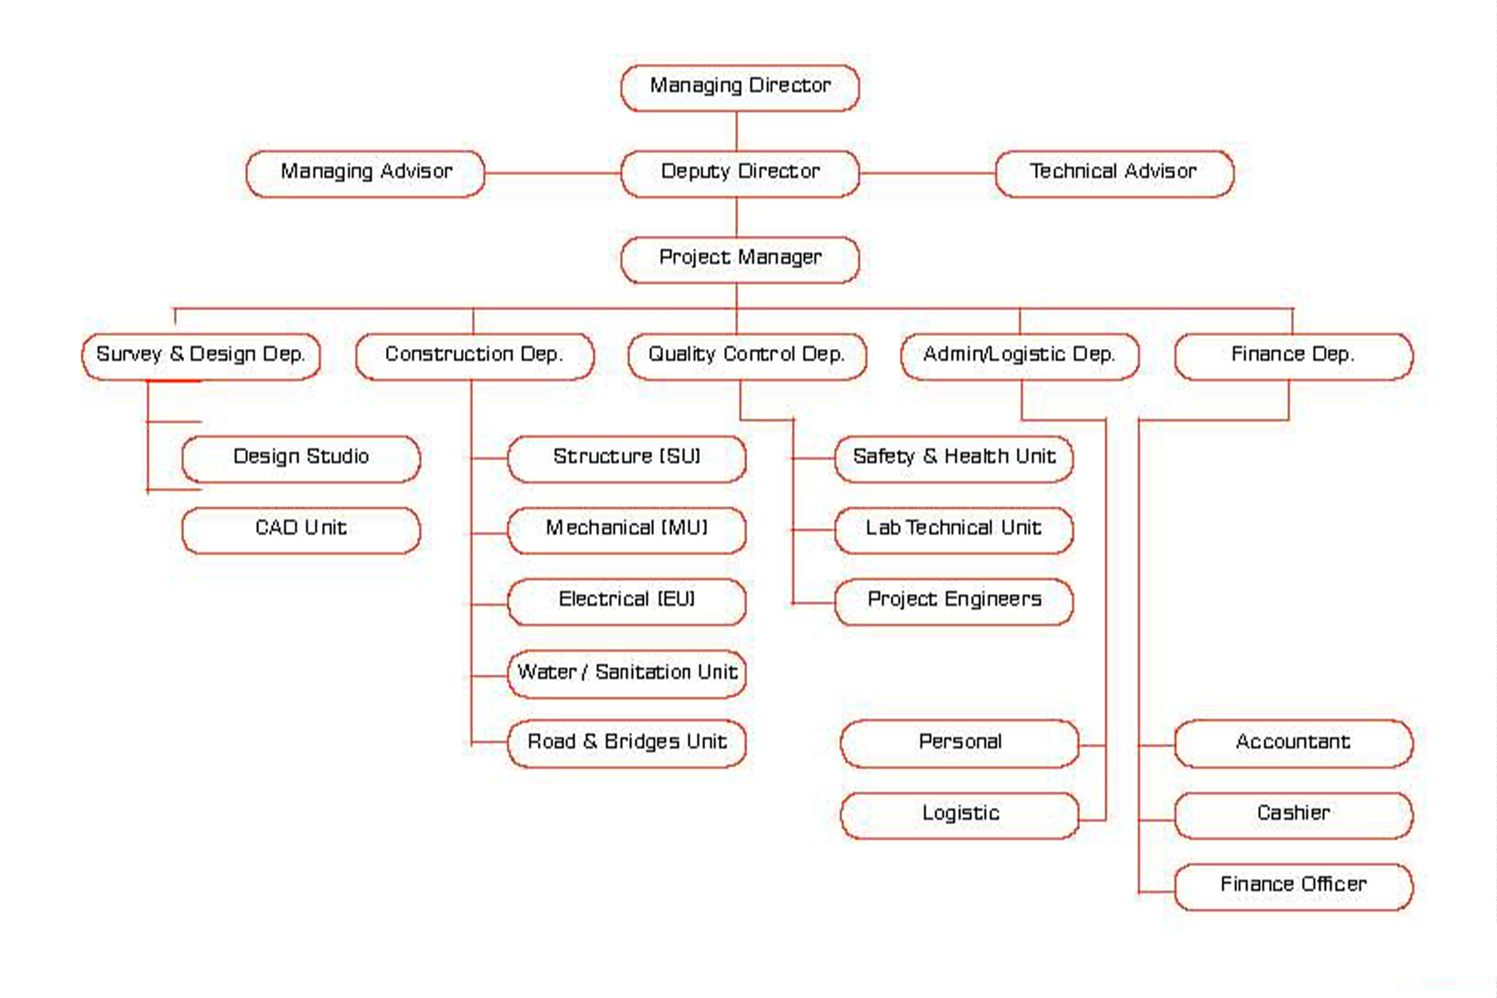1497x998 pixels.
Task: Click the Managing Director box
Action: click(x=740, y=88)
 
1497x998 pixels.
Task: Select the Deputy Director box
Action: click(x=740, y=174)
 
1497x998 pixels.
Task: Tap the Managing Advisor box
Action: click(x=366, y=174)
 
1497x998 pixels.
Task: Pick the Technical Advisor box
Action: click(x=1114, y=174)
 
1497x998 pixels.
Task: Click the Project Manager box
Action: click(x=740, y=259)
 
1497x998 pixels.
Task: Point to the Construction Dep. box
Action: click(x=475, y=356)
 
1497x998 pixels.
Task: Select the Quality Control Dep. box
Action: click(x=747, y=356)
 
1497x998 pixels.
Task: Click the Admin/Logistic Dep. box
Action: click(x=1020, y=356)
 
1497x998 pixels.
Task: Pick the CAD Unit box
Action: click(x=301, y=530)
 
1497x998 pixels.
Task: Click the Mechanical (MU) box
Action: click(x=627, y=530)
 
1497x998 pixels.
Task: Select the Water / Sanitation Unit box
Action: click(x=627, y=674)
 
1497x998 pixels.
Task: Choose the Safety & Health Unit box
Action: click(x=954, y=459)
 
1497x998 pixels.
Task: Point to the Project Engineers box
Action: click(x=954, y=601)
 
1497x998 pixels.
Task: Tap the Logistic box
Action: click(x=960, y=815)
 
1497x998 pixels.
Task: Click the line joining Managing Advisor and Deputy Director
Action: click(x=553, y=173)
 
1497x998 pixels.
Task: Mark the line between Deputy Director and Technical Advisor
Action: click(x=927, y=173)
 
